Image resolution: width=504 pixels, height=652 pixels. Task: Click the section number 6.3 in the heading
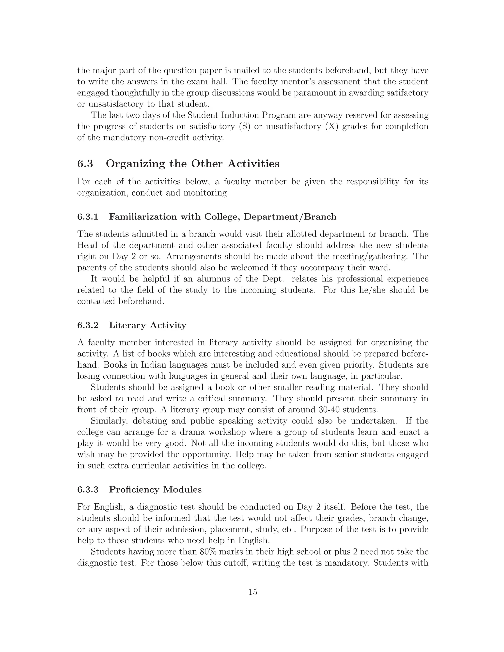point(85,164)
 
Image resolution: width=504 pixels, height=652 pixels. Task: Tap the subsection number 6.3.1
point(88,217)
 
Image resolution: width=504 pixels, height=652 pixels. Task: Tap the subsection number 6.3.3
point(88,490)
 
